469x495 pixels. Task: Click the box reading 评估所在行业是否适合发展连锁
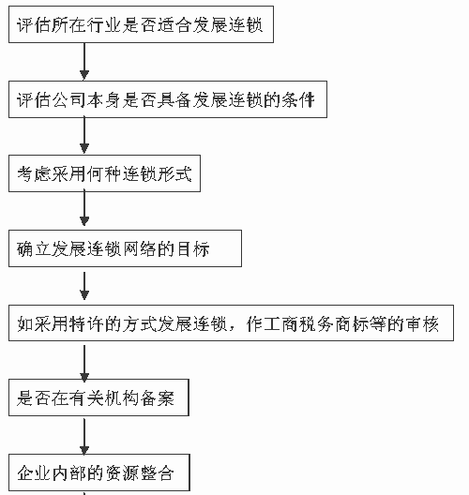pos(141,24)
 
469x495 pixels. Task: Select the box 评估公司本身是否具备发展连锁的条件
pos(168,99)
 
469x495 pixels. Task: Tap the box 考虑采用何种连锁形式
pos(104,173)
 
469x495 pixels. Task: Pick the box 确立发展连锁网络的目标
pos(125,248)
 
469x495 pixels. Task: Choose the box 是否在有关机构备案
pos(98,397)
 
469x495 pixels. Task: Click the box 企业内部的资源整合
pos(99,472)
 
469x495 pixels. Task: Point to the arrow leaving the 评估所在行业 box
pos(84,61)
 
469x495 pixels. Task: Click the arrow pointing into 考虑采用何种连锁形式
pos(84,136)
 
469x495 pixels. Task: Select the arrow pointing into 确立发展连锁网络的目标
pos(84,209)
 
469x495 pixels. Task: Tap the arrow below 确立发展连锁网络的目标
pos(84,286)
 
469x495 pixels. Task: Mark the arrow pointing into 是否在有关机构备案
pos(84,364)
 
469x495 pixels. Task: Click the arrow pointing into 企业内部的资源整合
pos(84,437)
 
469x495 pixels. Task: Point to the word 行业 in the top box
pos(104,25)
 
